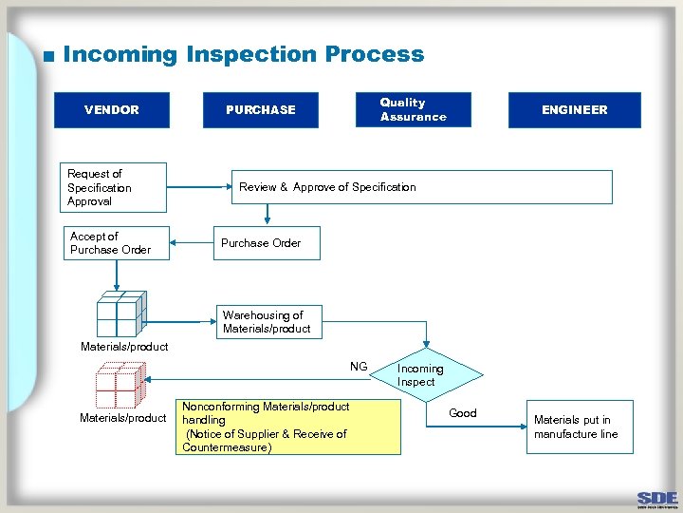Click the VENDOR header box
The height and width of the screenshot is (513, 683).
pos(112,109)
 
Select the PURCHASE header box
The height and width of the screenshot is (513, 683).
pos(261,109)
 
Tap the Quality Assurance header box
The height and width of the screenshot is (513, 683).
pos(413,109)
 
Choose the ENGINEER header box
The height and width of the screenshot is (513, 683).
pos(574,109)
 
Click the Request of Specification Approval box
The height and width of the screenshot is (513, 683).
pos(111,187)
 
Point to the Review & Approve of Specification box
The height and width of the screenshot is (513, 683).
pos(422,187)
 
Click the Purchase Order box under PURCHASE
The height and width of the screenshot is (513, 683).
pos(266,243)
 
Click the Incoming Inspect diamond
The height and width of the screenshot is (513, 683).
pos(420,375)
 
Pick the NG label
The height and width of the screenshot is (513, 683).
pos(359,367)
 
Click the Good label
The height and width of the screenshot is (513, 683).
pos(463,413)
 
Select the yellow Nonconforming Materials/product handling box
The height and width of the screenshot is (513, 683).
pos(290,427)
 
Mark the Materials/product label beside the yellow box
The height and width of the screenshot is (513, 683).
pos(123,418)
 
